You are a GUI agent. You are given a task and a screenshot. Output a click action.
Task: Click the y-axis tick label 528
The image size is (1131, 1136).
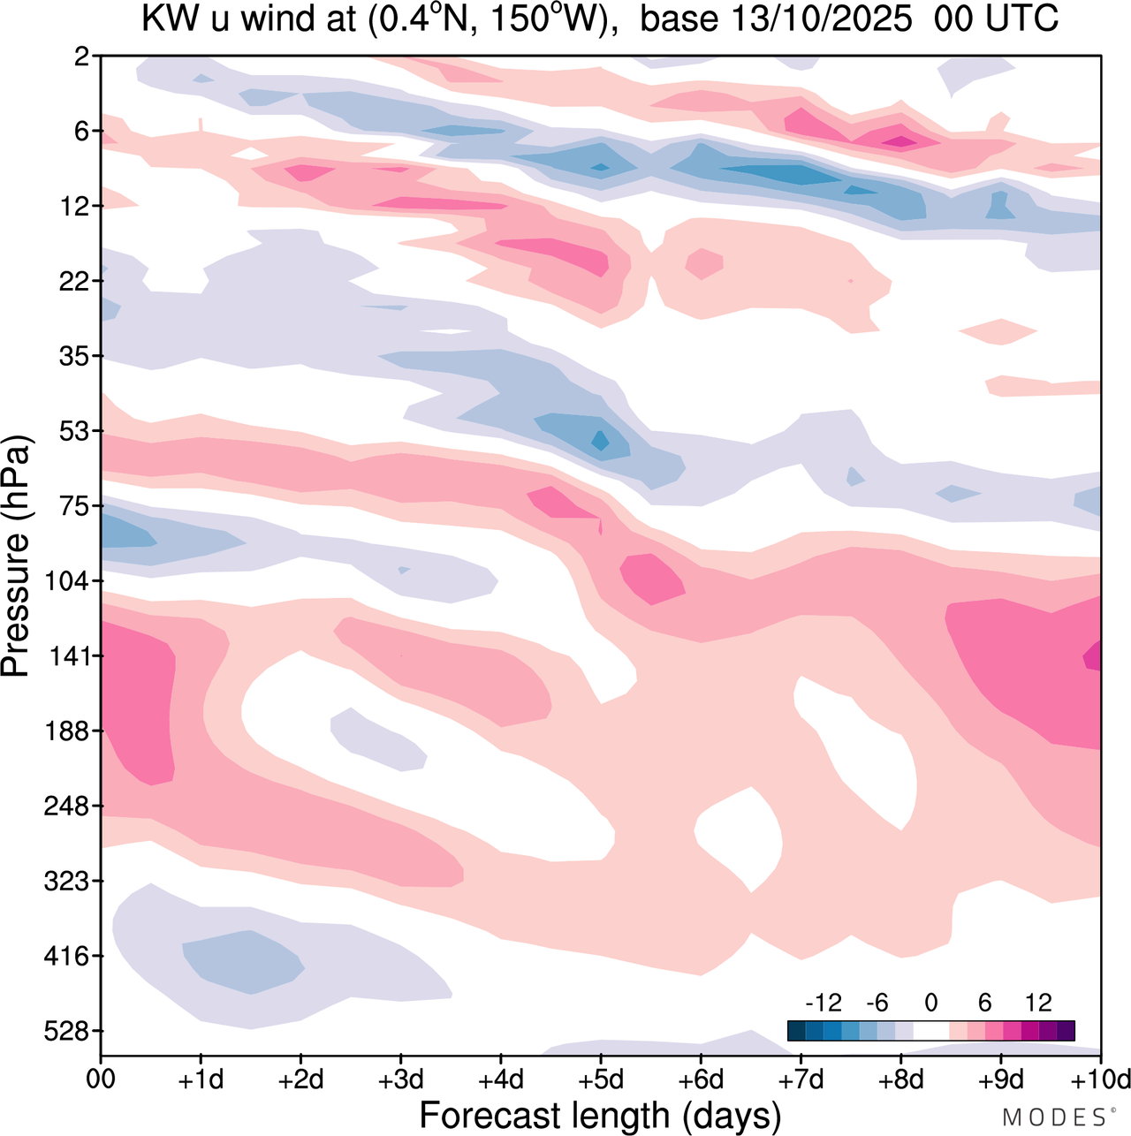70,1031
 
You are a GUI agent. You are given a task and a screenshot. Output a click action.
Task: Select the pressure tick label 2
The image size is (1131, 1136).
82,57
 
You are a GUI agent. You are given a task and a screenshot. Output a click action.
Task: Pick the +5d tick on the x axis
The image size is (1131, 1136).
601,1079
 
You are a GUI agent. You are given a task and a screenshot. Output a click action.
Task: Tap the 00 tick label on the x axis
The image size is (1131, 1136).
101,1079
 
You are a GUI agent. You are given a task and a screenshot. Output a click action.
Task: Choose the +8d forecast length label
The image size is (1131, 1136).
901,1079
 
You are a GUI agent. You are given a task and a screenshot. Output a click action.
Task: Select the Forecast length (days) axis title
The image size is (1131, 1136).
600,1115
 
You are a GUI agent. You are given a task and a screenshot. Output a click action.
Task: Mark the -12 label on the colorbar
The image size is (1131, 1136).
824,1003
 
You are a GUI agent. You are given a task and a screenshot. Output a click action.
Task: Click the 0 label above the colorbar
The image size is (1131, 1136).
930,1003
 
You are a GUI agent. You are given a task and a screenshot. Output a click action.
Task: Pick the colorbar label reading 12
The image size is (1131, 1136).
1038,1003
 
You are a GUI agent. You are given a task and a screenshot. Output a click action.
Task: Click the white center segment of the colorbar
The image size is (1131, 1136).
930,1030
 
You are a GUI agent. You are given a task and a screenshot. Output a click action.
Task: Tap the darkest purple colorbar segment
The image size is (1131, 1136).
1066,1030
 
